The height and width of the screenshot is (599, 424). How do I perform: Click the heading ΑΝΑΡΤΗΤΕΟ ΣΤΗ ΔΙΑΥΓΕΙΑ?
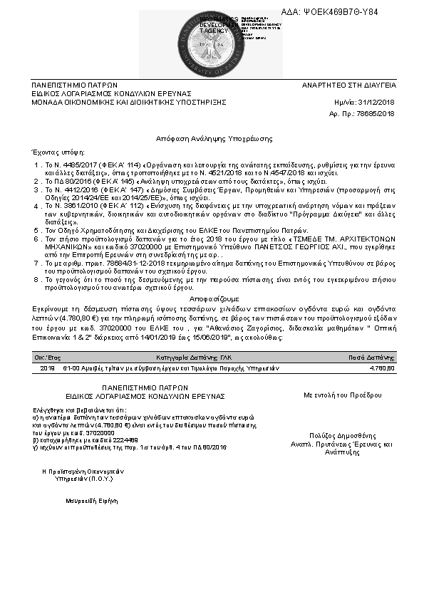(x=348, y=85)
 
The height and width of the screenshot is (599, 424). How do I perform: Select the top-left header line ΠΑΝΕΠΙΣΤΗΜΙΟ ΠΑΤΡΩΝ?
(x=71, y=85)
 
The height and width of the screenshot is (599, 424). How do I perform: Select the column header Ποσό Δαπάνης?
(x=371, y=357)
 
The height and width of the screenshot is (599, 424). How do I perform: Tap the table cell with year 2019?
(x=47, y=369)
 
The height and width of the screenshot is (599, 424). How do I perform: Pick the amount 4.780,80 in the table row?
(x=381, y=369)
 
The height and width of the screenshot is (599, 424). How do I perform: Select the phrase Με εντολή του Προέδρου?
(x=338, y=394)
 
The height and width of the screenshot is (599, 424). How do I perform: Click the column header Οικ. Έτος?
(x=47, y=357)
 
